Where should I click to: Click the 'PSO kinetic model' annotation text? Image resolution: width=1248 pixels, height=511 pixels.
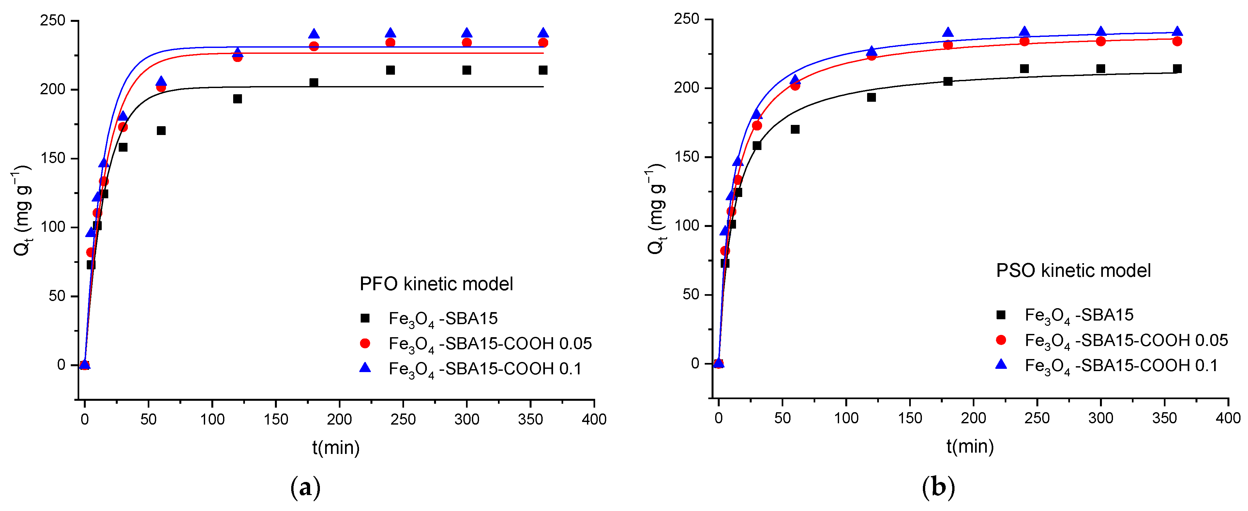(x=1073, y=271)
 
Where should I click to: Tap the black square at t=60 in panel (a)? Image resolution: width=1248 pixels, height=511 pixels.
(x=161, y=131)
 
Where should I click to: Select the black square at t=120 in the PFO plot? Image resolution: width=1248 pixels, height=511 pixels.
(x=237, y=99)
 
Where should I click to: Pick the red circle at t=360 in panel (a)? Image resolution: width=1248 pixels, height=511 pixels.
(x=543, y=43)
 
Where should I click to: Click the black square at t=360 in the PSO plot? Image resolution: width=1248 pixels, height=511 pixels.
(x=1177, y=69)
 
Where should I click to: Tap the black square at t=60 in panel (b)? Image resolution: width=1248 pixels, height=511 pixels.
(x=795, y=129)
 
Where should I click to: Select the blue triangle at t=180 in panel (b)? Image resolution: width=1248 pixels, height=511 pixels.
(x=948, y=33)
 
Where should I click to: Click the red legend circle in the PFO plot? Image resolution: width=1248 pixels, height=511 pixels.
(x=365, y=343)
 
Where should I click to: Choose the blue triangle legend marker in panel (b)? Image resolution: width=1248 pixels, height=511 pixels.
(x=1001, y=365)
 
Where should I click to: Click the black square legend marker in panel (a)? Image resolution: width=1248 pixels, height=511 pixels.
(x=365, y=318)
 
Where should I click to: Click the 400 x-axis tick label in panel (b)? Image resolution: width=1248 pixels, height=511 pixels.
(x=1228, y=418)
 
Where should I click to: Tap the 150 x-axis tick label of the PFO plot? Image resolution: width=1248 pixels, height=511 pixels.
(x=276, y=419)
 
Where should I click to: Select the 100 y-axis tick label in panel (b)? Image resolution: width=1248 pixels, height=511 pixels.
(x=687, y=226)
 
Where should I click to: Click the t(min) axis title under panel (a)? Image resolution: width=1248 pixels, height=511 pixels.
(x=336, y=447)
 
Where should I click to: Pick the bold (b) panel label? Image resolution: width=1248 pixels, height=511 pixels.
(x=939, y=487)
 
